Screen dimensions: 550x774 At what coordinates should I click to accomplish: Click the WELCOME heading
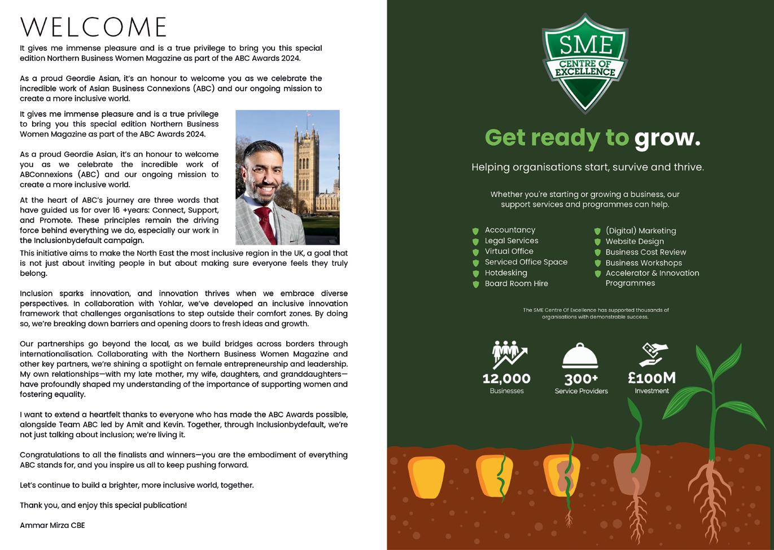click(x=94, y=27)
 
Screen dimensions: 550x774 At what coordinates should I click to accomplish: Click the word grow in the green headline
click(x=667, y=138)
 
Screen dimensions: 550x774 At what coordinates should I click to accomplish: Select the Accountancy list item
click(x=510, y=230)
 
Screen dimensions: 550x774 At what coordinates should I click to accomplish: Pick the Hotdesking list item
click(x=506, y=273)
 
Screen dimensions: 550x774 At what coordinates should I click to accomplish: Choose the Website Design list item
click(x=635, y=241)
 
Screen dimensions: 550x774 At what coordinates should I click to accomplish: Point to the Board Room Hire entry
click(x=516, y=284)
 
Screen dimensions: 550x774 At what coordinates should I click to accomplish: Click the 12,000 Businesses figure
click(x=506, y=379)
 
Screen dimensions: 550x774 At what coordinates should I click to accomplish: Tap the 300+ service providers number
click(x=581, y=379)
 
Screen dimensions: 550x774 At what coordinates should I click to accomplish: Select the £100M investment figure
click(x=651, y=377)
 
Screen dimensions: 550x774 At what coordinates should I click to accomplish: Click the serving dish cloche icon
click(x=580, y=356)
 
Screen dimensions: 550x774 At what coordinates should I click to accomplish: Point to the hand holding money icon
click(x=653, y=354)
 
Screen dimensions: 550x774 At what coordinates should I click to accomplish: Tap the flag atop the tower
click(x=308, y=114)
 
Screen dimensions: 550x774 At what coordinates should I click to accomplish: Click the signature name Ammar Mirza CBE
click(x=52, y=525)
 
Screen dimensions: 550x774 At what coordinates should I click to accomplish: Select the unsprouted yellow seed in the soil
click(x=427, y=477)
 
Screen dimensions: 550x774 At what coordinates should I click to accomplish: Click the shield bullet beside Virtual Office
click(x=475, y=252)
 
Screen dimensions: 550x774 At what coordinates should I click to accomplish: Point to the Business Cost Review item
click(x=645, y=252)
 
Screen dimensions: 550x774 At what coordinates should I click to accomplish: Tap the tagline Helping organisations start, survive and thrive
click(x=588, y=168)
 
